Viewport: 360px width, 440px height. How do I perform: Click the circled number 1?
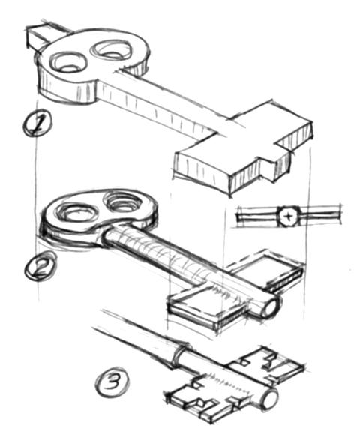(x=37, y=124)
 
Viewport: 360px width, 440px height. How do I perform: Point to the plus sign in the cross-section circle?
(x=288, y=217)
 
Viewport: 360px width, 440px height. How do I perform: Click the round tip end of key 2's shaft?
(x=271, y=307)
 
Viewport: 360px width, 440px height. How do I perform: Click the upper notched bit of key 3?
(x=267, y=365)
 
